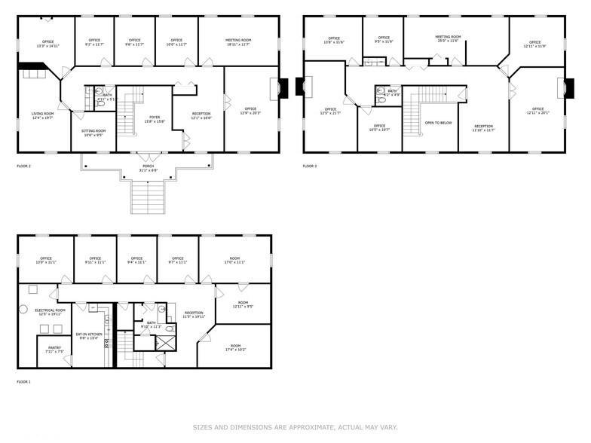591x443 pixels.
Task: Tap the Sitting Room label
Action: pos(93,133)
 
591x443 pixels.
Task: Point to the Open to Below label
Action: pos(438,122)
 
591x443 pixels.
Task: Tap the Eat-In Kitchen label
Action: pos(89,336)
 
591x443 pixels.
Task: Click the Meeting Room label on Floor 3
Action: pos(447,38)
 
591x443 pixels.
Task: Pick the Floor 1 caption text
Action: pos(24,382)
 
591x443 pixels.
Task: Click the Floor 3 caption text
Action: pos(311,166)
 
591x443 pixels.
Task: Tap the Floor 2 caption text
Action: pos(24,166)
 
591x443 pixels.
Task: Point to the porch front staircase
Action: pos(148,197)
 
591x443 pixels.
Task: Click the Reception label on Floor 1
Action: pos(194,314)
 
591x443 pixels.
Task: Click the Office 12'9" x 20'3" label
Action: pos(251,110)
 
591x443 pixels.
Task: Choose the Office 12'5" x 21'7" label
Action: pos(330,112)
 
